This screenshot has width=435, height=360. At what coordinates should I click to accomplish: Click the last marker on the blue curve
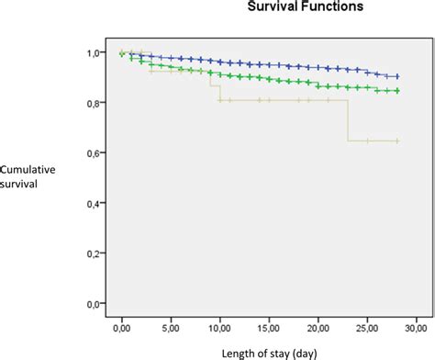[396, 77]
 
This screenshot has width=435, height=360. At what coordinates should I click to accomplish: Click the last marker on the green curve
[396, 91]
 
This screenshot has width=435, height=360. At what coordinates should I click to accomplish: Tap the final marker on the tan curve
[396, 141]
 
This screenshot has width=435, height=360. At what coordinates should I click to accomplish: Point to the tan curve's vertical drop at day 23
[347, 119]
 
